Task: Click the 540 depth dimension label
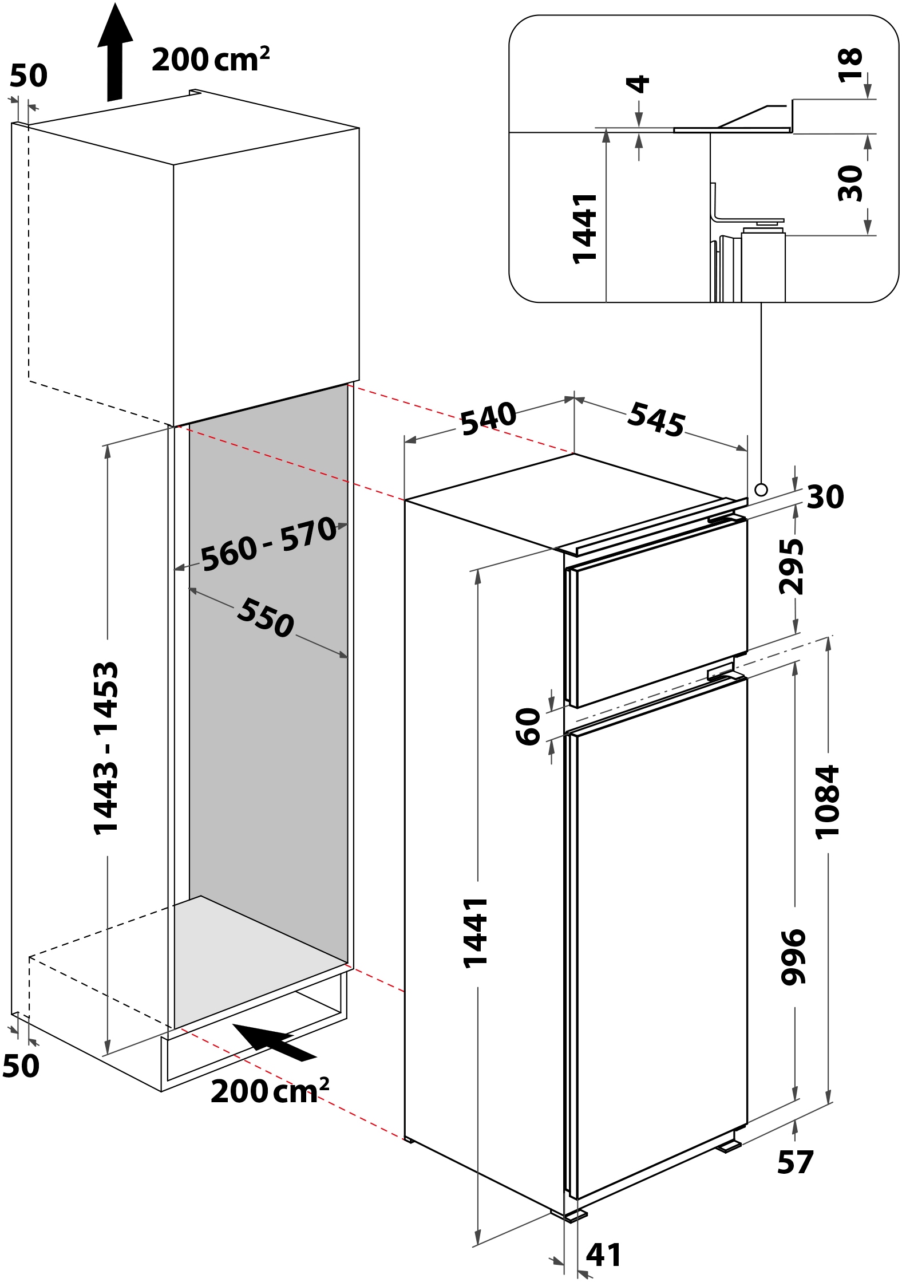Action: (488, 419)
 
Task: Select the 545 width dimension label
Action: (656, 419)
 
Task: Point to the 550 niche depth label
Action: (266, 618)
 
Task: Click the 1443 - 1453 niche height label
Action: (106, 748)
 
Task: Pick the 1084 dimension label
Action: (827, 802)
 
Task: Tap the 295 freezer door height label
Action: (792, 566)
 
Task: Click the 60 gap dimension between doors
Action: (528, 727)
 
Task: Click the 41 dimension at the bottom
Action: (603, 1255)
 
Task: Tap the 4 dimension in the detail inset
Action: (639, 84)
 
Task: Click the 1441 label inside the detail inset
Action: (585, 228)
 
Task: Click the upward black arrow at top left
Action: (115, 52)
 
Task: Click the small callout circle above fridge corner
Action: (761, 490)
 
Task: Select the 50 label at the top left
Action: (29, 76)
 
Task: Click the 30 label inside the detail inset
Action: (850, 183)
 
